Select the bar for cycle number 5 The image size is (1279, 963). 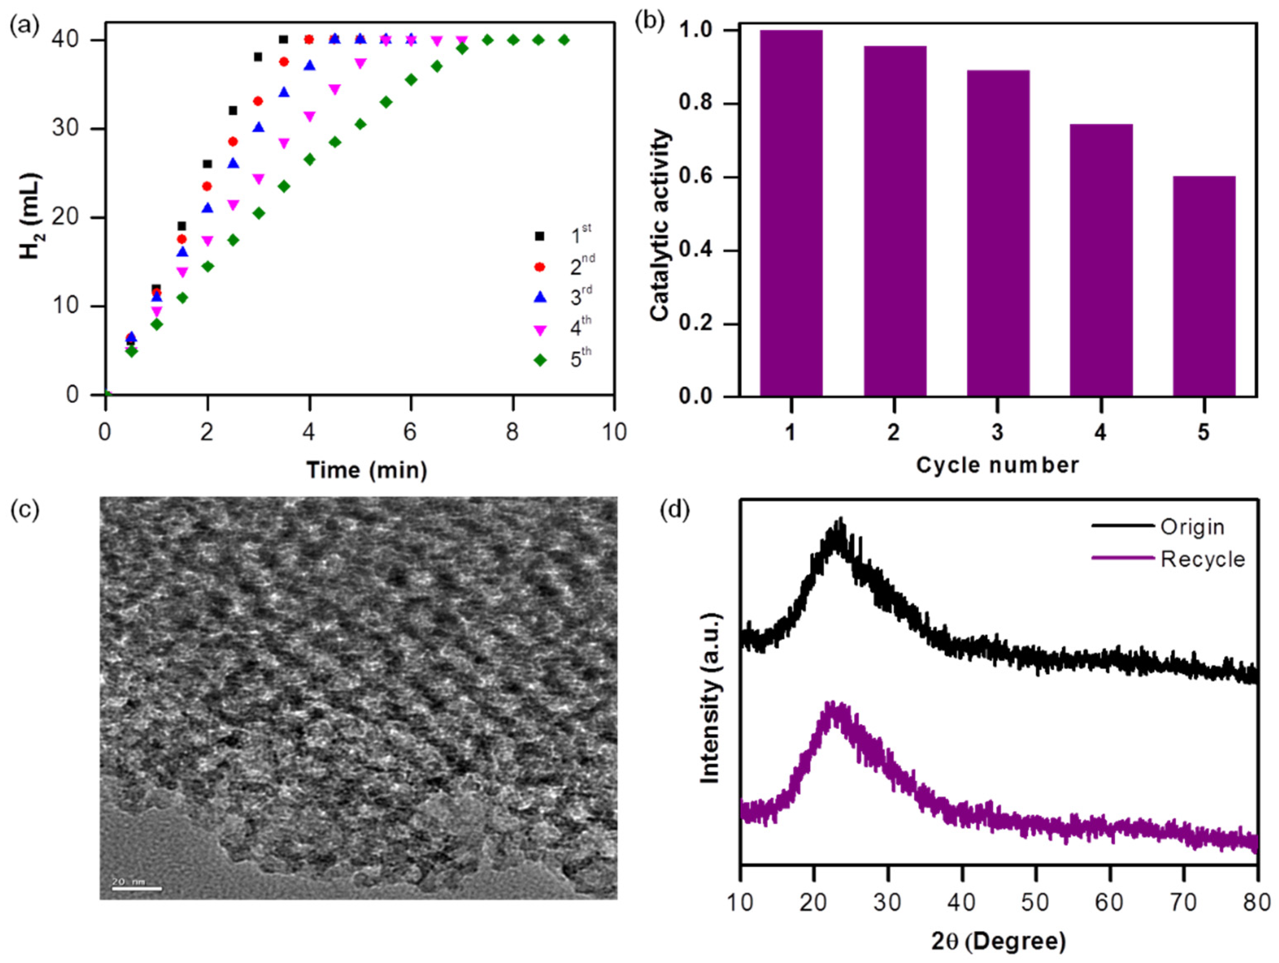pos(1204,286)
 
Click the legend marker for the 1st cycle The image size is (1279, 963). pos(540,236)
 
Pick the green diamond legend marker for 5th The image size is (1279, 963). pos(540,360)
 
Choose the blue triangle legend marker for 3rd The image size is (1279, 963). pos(540,297)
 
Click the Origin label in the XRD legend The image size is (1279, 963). pos(1192,527)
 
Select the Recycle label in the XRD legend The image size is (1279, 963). pos(1203,559)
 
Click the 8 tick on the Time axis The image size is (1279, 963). pos(512,432)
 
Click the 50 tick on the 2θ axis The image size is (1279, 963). pos(1035,902)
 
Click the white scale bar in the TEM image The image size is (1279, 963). pos(136,888)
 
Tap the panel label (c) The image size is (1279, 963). pos(25,510)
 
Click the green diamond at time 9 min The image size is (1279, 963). pos(564,40)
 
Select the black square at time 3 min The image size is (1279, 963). pos(258,57)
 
